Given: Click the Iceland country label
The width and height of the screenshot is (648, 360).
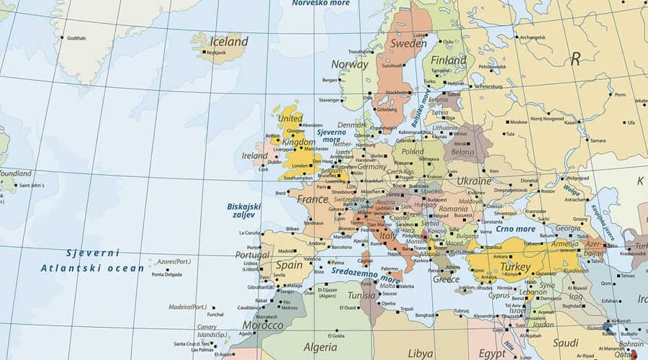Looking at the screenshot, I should (x=228, y=41).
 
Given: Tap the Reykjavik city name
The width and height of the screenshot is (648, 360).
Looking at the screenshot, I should (x=217, y=53).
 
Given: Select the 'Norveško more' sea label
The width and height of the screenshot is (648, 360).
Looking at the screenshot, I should (x=320, y=4).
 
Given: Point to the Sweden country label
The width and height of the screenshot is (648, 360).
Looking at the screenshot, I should (x=408, y=43).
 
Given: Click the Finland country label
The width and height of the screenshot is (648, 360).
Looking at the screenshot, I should (x=449, y=60).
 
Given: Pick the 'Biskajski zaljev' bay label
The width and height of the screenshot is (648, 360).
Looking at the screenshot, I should (x=244, y=213).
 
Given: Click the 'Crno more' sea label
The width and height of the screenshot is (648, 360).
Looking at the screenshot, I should (x=516, y=229).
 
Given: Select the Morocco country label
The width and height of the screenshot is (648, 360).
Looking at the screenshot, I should (x=262, y=325).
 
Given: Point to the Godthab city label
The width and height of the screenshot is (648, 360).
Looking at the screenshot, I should (x=76, y=37).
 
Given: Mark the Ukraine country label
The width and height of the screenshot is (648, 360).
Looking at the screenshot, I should (x=474, y=181).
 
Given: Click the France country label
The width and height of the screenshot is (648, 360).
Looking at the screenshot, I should (x=312, y=199).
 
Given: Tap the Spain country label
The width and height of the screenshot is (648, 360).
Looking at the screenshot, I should (x=289, y=265).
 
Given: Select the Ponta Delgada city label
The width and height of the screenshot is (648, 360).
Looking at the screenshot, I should (x=168, y=274).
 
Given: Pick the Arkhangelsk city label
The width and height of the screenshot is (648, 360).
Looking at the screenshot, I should (x=532, y=37).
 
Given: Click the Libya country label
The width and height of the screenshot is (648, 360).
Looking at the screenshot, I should (x=420, y=354).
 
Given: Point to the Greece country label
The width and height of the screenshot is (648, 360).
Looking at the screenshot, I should (x=446, y=279).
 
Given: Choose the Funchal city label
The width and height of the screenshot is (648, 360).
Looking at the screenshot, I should (x=215, y=314).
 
